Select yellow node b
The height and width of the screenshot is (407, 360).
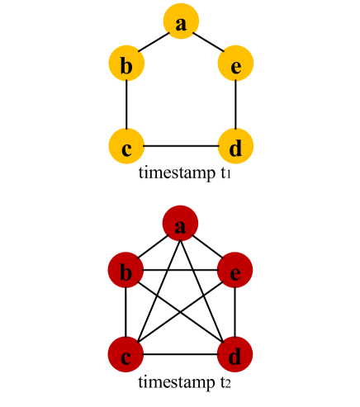coord(126,64)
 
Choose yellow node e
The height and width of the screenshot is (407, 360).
coord(235,64)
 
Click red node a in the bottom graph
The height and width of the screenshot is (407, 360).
coord(181,225)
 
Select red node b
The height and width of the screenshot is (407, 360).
coord(126,270)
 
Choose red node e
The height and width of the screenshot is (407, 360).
coord(235,270)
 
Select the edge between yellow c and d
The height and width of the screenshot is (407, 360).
coord(181,146)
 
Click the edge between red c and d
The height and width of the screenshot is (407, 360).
coord(181,355)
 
